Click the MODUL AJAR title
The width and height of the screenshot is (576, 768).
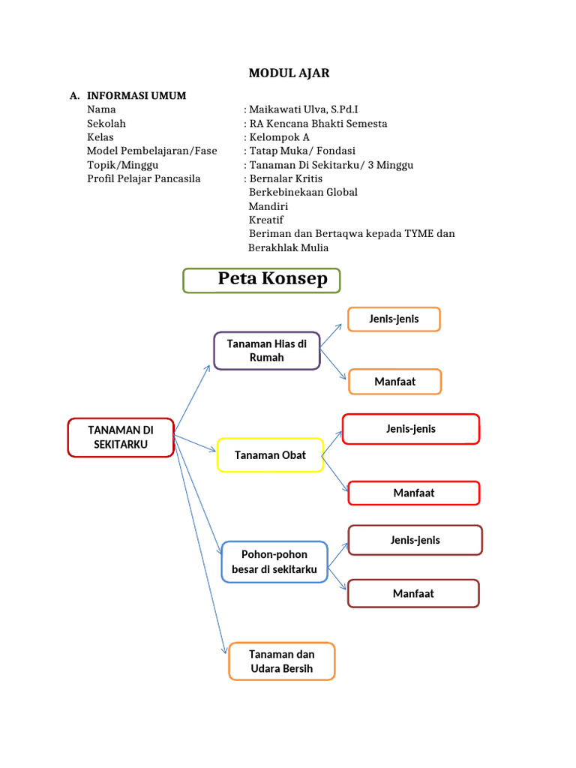tap(289, 73)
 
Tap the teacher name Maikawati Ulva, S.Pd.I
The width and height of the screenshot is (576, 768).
tap(303, 109)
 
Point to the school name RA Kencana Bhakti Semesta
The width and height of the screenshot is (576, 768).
tap(318, 124)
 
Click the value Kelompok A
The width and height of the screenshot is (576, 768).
tap(279, 137)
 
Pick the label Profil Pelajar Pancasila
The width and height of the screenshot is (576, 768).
tap(144, 178)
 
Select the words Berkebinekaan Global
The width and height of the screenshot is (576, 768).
tap(303, 192)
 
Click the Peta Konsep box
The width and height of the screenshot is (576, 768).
tap(262, 280)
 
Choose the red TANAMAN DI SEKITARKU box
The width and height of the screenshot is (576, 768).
tap(121, 437)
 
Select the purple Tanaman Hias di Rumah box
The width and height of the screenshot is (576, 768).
tap(267, 350)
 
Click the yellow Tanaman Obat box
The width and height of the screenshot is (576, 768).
tap(270, 455)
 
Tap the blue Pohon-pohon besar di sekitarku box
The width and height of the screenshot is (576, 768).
tap(274, 562)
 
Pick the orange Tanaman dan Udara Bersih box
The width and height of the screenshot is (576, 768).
tap(282, 661)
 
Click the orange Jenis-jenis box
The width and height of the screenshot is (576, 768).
tap(394, 319)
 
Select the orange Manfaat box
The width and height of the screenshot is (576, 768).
tap(395, 382)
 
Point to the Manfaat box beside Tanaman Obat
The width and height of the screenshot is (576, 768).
tap(414, 493)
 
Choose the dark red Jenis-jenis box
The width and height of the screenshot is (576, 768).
tap(415, 540)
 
